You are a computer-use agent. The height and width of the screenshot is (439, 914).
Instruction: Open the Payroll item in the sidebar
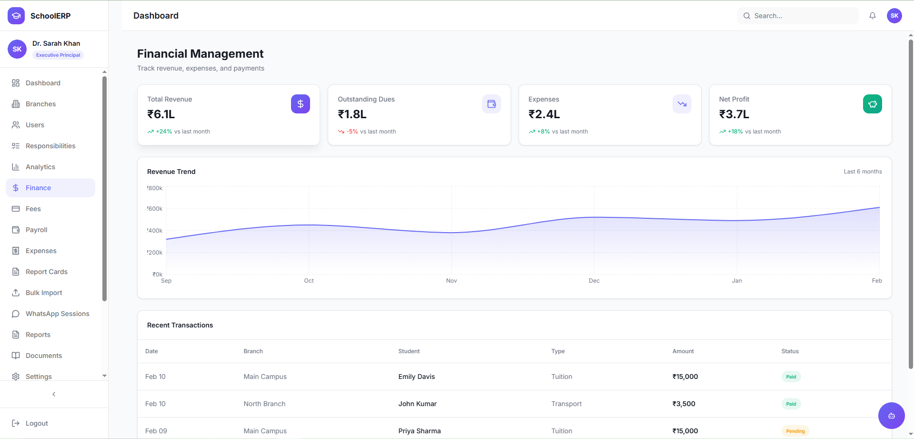(36, 230)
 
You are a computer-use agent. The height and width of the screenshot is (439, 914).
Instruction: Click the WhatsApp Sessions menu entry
(57, 314)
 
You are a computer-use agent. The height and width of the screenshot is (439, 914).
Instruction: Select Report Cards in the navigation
(46, 272)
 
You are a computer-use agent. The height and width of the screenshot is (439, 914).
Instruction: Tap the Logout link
(37, 423)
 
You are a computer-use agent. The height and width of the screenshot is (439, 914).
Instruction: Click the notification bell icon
(873, 16)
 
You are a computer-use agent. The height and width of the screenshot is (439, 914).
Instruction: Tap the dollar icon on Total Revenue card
(301, 104)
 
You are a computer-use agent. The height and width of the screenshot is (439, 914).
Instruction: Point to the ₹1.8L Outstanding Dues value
(352, 114)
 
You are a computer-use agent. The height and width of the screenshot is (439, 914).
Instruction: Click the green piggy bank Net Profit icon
(873, 104)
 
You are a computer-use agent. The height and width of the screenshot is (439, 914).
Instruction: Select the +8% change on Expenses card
(543, 132)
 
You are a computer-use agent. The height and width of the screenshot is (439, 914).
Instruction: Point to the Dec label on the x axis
(594, 281)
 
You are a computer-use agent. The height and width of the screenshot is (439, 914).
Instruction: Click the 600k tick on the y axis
(155, 209)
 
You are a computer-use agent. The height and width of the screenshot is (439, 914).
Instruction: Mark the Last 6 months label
(863, 172)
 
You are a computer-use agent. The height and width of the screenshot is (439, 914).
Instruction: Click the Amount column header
(683, 351)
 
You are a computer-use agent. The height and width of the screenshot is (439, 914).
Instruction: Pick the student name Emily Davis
(416, 377)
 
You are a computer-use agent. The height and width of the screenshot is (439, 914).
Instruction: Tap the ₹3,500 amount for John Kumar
(683, 404)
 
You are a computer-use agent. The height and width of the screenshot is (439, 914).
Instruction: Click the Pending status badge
(795, 431)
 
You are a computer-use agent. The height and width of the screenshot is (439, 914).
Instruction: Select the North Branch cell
(264, 404)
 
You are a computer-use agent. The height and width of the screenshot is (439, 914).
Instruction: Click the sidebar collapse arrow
(54, 394)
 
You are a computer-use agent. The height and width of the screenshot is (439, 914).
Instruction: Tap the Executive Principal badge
(58, 55)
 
